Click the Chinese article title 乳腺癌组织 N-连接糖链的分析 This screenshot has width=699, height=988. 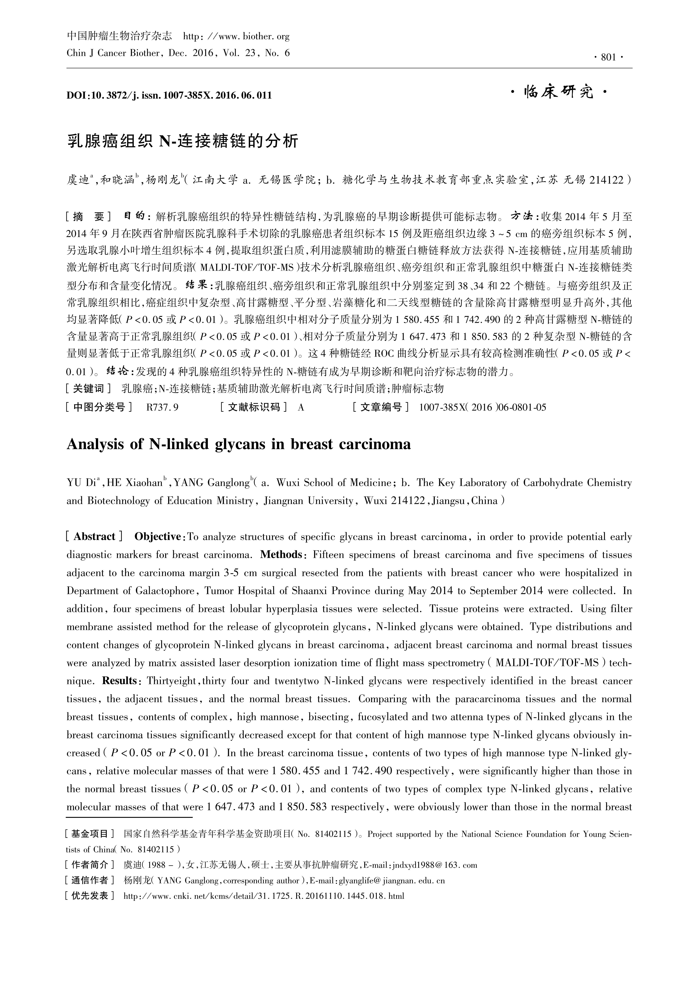tap(183, 141)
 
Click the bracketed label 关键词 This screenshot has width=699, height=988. tap(88, 389)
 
